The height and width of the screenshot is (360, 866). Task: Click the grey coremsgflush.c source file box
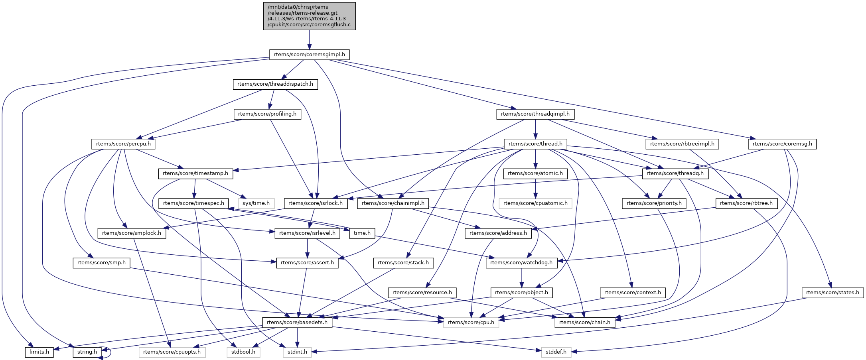click(x=309, y=16)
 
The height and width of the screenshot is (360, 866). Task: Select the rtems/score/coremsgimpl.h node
click(x=309, y=55)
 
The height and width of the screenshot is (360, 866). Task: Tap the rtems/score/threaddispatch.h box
click(x=275, y=84)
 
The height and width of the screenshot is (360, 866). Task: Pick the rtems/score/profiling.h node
click(x=267, y=114)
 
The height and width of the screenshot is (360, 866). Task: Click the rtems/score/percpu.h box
click(x=123, y=144)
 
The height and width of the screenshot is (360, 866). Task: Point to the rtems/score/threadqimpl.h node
click(x=535, y=114)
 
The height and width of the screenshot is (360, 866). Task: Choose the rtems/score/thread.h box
click(x=535, y=144)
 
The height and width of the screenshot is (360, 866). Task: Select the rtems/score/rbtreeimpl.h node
click(x=682, y=144)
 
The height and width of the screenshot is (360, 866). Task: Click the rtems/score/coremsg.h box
click(x=782, y=144)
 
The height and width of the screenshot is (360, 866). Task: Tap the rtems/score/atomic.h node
click(x=535, y=173)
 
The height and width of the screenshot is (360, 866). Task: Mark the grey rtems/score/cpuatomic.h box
click(x=535, y=203)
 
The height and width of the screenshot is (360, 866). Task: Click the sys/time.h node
click(x=256, y=203)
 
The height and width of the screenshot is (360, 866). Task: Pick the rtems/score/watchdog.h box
click(x=521, y=263)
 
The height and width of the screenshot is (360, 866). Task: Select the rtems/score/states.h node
click(x=832, y=293)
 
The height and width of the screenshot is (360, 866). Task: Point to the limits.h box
click(x=39, y=352)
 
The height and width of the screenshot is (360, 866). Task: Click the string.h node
click(x=87, y=352)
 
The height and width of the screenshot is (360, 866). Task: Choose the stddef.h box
click(x=556, y=352)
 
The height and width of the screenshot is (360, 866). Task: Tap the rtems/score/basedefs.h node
click(x=297, y=323)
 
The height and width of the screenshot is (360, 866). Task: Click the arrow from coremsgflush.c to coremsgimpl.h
click(x=309, y=40)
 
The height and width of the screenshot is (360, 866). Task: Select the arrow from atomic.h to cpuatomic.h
click(x=535, y=188)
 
